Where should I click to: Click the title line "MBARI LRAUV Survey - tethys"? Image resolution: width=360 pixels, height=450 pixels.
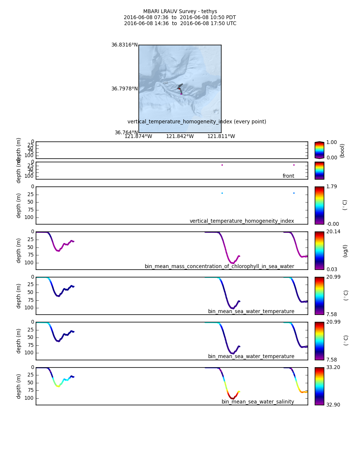[x=180, y=12]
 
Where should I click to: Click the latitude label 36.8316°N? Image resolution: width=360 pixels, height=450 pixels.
[x=124, y=45]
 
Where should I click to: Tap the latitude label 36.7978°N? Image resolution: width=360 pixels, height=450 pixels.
[x=124, y=89]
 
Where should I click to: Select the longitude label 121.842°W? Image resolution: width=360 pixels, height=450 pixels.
[x=180, y=136]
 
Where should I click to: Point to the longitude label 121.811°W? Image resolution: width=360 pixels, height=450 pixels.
[x=221, y=136]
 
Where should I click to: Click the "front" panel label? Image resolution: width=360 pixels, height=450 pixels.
[x=288, y=176]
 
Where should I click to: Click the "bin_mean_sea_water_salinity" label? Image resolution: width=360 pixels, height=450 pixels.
[x=258, y=402]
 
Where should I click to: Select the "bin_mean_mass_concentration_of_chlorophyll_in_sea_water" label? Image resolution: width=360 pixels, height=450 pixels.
[x=219, y=267]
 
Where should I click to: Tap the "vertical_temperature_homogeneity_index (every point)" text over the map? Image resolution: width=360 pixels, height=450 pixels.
[x=197, y=122]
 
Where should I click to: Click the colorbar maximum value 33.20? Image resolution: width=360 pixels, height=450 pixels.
[x=333, y=367]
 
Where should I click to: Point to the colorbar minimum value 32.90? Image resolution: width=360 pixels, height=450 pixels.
[x=333, y=405]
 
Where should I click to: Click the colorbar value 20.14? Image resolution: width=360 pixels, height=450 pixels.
[x=333, y=232]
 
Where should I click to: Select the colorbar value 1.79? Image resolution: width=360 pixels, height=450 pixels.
[x=331, y=187]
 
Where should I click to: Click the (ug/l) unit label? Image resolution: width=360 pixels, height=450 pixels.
[x=345, y=250]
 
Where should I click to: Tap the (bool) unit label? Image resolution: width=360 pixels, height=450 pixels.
[x=342, y=150]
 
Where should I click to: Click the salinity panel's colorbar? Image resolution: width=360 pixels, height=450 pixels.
[x=319, y=386]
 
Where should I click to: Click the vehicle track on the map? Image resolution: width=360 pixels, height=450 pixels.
[x=180, y=87]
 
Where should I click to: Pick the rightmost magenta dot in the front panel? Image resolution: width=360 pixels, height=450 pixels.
[x=294, y=165]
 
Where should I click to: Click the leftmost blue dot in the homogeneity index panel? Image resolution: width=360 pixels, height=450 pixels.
[x=222, y=193]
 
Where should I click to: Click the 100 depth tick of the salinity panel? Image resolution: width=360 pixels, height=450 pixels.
[x=30, y=398]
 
